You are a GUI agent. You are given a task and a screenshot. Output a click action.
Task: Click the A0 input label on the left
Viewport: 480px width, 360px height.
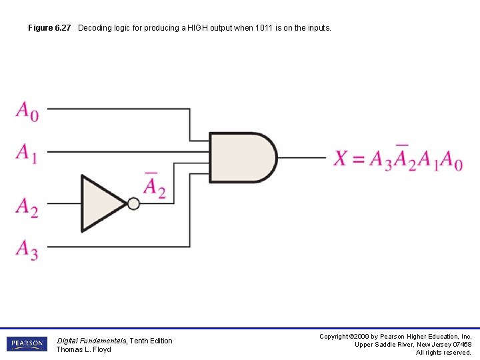27,111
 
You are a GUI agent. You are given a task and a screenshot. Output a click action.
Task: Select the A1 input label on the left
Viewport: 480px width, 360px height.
27,153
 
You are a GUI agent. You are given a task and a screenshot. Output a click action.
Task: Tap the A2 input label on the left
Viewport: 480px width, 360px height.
27,207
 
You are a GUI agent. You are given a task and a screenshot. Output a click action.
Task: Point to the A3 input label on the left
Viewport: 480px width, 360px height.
27,249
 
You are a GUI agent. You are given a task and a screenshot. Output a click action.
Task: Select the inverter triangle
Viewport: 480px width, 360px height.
102,203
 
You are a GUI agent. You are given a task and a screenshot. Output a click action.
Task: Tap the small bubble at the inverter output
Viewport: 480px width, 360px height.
134,203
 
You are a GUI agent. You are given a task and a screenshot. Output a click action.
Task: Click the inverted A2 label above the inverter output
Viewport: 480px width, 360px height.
154,185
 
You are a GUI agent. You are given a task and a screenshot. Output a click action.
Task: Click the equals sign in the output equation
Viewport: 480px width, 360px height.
359,159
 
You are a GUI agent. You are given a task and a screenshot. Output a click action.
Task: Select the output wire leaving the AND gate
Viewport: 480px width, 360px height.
301,158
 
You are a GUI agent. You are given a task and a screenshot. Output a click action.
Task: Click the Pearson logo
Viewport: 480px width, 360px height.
27,344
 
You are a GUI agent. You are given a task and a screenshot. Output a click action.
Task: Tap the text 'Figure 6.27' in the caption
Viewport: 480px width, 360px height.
49,28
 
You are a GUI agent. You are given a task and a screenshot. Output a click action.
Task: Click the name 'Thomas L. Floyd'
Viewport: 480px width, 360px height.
83,349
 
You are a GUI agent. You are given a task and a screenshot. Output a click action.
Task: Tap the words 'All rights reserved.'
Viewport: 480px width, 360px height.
443,353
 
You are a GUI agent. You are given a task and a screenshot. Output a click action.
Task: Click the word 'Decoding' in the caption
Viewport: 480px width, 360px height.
94,28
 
